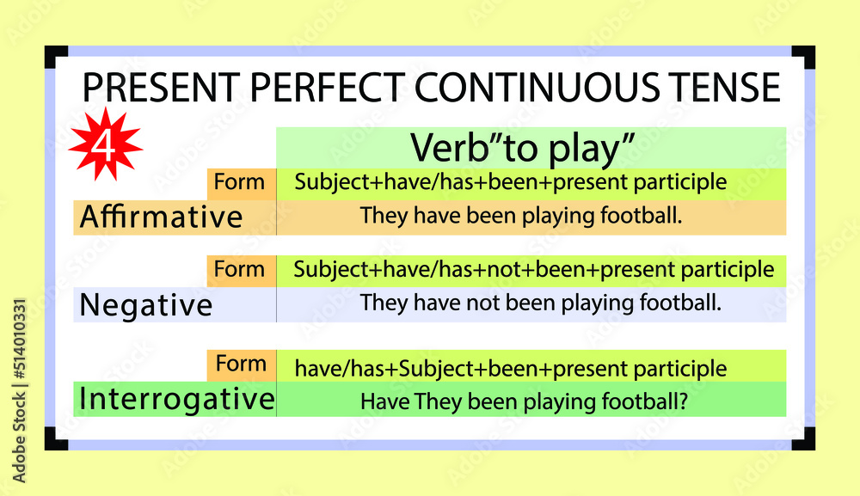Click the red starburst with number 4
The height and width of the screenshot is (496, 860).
(x=105, y=144)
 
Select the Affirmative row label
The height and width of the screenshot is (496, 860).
(x=161, y=217)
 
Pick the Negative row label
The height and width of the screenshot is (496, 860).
(x=145, y=305)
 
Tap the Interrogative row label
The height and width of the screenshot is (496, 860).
(x=176, y=399)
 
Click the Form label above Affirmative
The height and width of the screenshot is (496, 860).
(x=240, y=182)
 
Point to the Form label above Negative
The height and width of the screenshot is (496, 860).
(x=240, y=269)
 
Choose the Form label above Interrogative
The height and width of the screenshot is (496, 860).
(x=241, y=364)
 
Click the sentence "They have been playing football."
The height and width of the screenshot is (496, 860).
(x=521, y=216)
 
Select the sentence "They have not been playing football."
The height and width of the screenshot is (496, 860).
(x=540, y=303)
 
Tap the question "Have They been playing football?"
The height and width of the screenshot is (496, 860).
(x=523, y=401)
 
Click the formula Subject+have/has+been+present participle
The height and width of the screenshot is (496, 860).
(x=511, y=182)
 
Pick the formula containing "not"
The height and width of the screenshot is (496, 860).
(x=533, y=270)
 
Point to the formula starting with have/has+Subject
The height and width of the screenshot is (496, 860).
(x=511, y=370)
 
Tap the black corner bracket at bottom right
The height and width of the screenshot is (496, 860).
(x=804, y=438)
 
